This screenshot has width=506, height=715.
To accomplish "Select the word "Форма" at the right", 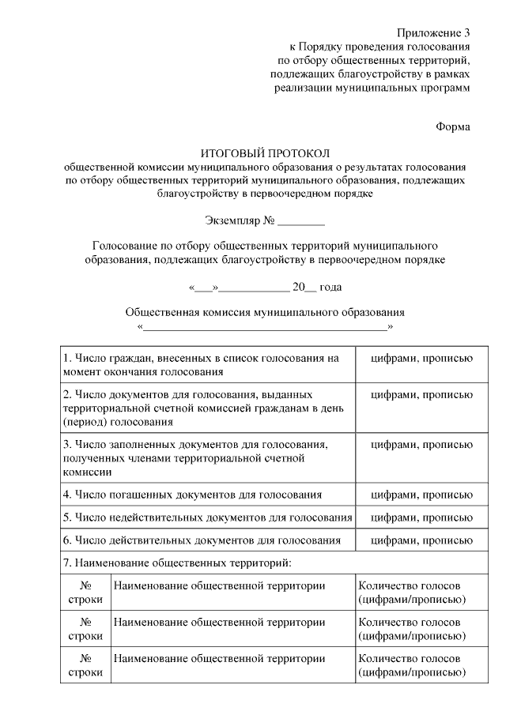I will click(453, 126).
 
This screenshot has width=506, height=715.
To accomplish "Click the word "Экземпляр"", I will click(232, 220).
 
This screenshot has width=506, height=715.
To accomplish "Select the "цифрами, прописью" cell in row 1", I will click(422, 358).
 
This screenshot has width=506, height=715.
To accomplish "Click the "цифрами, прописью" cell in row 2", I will click(422, 393).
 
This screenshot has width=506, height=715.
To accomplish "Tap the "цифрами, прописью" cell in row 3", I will click(422, 445).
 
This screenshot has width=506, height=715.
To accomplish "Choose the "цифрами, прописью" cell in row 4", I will click(422, 495).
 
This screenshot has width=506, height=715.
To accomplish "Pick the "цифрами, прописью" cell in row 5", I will click(422, 517).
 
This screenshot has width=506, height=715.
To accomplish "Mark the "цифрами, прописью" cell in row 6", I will click(422, 540).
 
